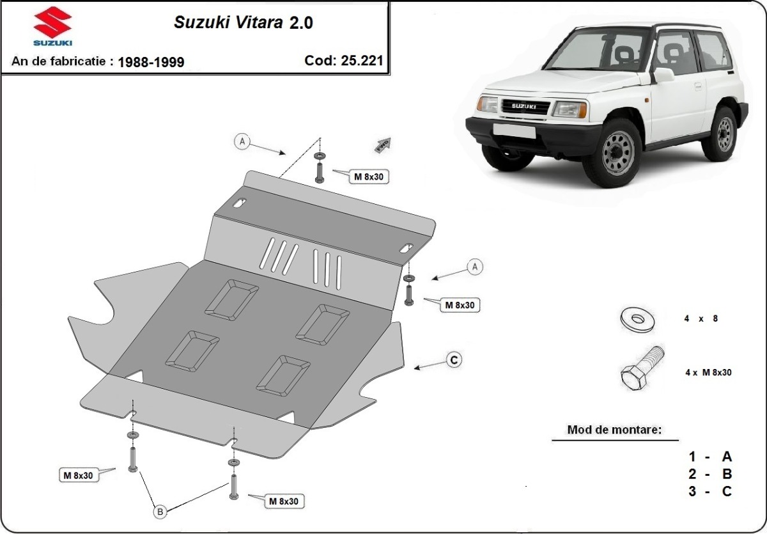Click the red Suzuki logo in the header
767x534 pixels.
(x=52, y=26)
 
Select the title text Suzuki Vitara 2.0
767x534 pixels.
(x=244, y=22)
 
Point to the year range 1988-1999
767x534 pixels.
(x=151, y=62)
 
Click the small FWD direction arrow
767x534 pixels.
(x=382, y=145)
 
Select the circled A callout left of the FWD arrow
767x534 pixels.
(x=242, y=141)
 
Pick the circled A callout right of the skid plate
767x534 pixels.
(x=474, y=267)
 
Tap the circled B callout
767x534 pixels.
(x=160, y=510)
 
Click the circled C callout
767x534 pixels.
(x=453, y=360)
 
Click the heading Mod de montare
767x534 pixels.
(x=614, y=430)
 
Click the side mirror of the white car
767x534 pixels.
(x=663, y=75)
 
